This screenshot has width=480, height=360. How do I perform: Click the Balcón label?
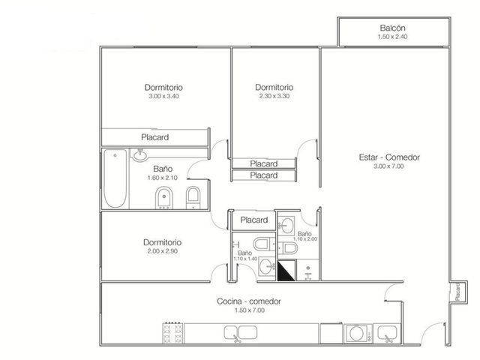coord(392,28)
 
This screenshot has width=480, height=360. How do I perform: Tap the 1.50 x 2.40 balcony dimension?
coord(392,37)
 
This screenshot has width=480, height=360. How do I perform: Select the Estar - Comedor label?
coord(389,157)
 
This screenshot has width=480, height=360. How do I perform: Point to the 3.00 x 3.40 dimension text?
coord(163,96)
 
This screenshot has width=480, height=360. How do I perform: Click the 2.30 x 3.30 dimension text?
coord(274,96)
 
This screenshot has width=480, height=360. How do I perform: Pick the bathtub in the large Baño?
coord(115,178)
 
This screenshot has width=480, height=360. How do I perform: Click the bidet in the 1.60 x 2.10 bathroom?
coord(164,198)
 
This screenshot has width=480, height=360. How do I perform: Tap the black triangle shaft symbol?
coord(286,271)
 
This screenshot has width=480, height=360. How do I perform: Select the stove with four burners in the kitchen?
coord(173,333)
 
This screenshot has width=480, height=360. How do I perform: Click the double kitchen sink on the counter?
coord(240,333)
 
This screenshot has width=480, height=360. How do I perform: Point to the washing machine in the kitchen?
coord(358,334)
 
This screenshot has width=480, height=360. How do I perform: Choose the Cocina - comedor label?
coord(248,301)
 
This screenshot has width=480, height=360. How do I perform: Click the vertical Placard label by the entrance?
coord(457,292)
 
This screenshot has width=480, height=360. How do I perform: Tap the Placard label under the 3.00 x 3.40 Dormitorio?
coord(155,137)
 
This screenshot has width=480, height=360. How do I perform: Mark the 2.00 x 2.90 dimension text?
coord(162,251)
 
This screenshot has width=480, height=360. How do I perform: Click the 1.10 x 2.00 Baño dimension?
coord(305,239)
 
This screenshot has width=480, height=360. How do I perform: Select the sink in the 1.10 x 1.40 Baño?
coord(267,267)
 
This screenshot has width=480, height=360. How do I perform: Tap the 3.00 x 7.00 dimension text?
coord(388,166)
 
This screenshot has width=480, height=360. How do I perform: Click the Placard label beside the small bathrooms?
coord(254,220)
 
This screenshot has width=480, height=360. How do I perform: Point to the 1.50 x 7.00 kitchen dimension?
coord(250,310)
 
